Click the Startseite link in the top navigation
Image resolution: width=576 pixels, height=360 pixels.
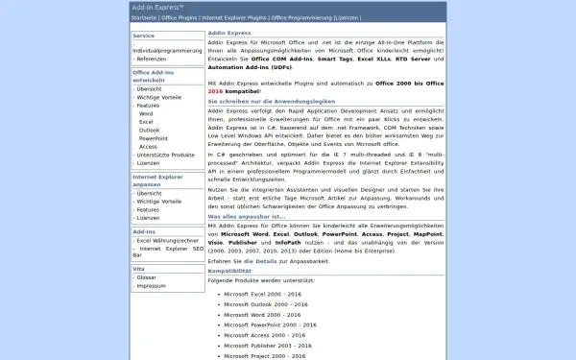(144, 17)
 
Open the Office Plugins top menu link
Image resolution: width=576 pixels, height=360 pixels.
(180, 17)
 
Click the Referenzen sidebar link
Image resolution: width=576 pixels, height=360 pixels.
(152, 59)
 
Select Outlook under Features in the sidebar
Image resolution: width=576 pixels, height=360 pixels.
(149, 130)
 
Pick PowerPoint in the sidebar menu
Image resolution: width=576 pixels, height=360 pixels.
(154, 138)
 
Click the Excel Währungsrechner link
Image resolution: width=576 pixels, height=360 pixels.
(168, 240)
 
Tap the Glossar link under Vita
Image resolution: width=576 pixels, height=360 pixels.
(147, 277)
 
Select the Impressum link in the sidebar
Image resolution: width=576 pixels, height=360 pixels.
(151, 286)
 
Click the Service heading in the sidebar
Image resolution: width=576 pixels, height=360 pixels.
(144, 36)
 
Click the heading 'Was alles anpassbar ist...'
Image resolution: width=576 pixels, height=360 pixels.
(246, 216)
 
